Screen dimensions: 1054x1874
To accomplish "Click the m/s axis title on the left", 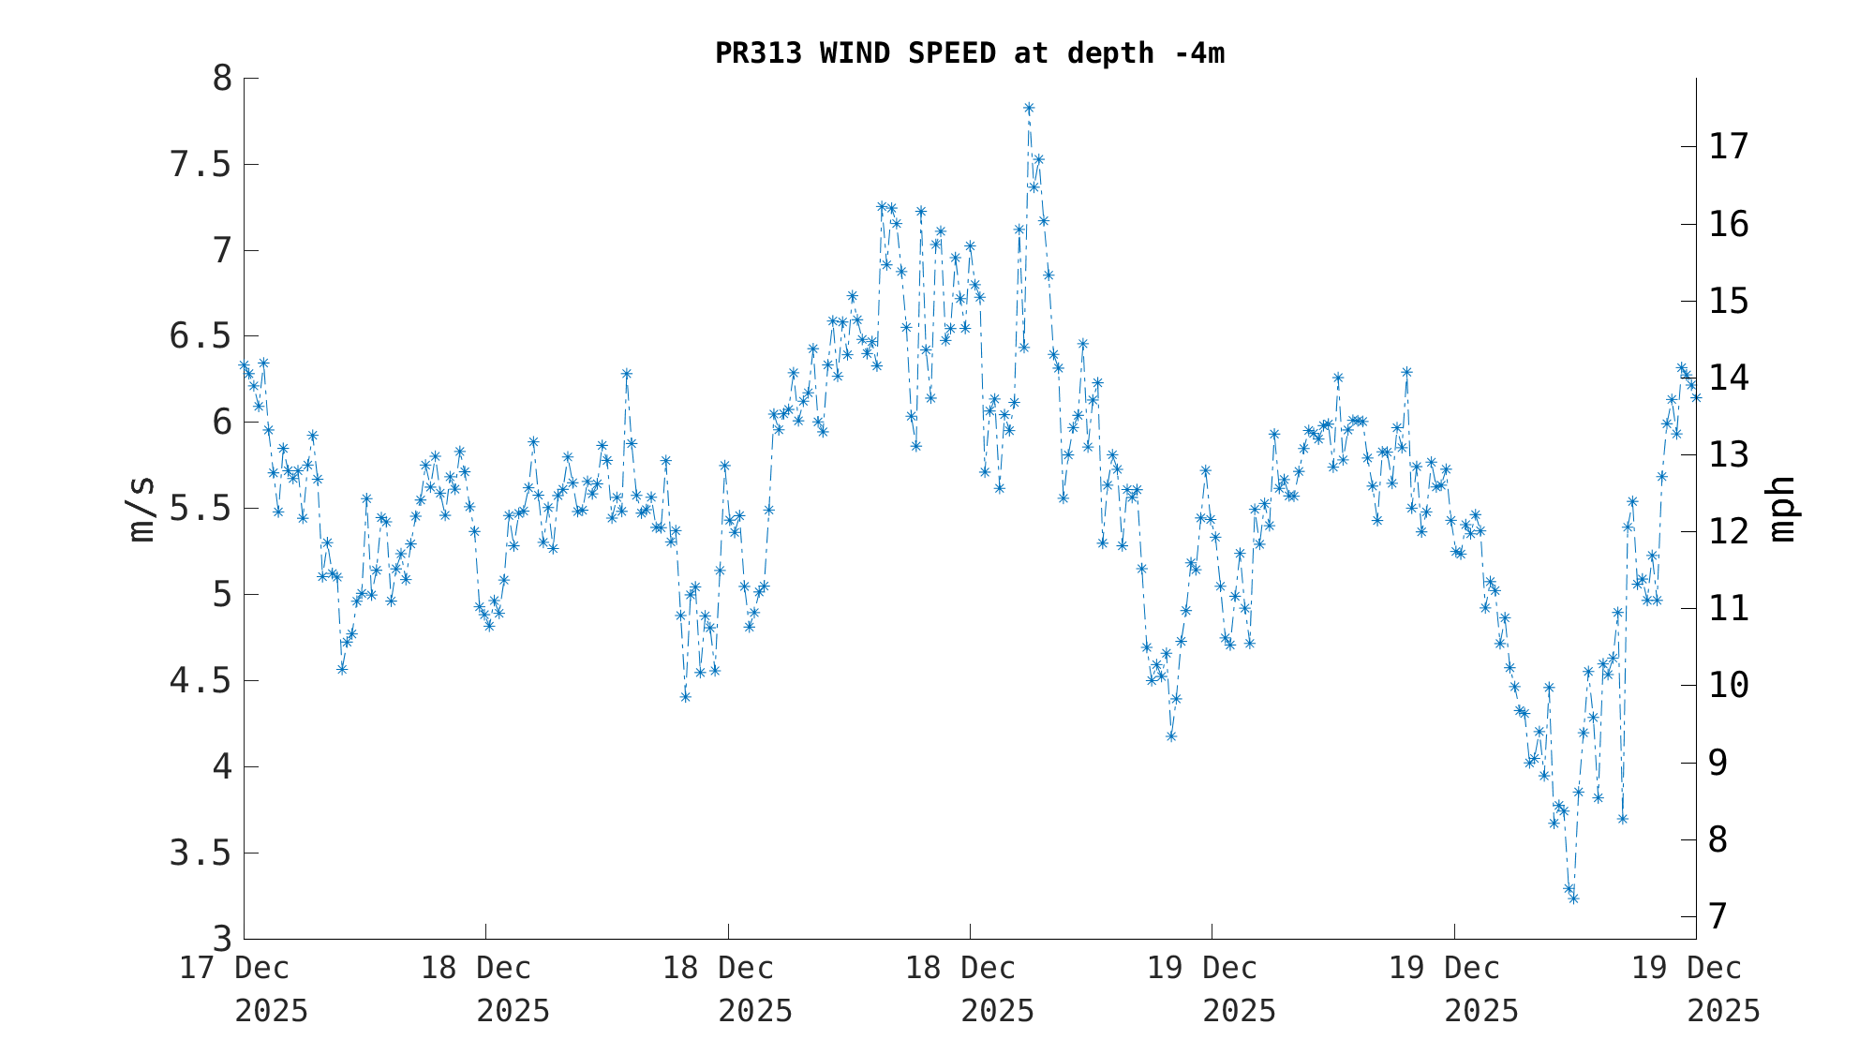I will click(141, 509).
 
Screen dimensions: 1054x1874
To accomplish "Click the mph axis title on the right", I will click(1782, 509).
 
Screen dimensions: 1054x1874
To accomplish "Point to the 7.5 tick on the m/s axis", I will click(200, 165).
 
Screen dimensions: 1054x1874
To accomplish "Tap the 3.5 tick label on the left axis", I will click(200, 854).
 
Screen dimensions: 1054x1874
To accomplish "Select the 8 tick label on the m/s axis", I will click(222, 79).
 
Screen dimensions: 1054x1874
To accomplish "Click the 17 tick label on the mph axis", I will click(1729, 146).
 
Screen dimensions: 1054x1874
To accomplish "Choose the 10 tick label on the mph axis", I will click(1729, 685).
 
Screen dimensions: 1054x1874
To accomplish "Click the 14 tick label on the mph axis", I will click(1729, 378).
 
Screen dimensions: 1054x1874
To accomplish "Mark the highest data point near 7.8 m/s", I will click(1028, 109).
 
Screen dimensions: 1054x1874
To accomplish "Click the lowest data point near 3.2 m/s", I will click(1573, 898).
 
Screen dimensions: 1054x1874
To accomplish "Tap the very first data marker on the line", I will click(244, 365).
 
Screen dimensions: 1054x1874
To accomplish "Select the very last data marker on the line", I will click(1696, 397).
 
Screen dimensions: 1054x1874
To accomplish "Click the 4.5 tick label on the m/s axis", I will click(200, 681).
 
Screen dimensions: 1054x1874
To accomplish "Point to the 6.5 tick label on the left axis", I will click(200, 336).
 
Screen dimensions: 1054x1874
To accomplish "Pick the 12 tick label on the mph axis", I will click(1729, 531).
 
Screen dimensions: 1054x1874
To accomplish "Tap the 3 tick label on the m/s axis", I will click(222, 939).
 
